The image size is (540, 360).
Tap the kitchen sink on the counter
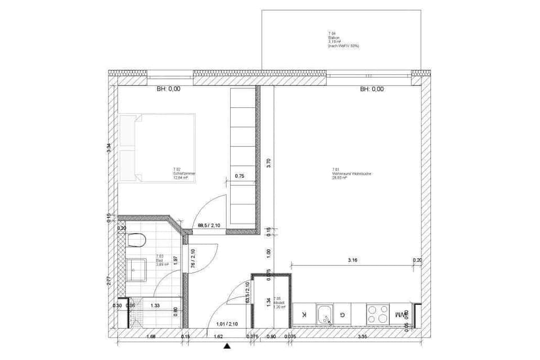[x=325, y=314]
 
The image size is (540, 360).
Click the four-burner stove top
[x=377, y=314]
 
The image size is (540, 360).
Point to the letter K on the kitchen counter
[x=304, y=314]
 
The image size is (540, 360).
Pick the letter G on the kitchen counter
[x=343, y=314]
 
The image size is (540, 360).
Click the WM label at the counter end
[x=400, y=314]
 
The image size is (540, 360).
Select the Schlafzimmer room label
[x=184, y=175]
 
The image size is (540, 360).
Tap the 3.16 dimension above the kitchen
[x=353, y=259]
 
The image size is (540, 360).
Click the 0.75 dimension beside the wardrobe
[x=239, y=175]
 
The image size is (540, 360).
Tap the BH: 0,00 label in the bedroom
[x=168, y=89]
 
